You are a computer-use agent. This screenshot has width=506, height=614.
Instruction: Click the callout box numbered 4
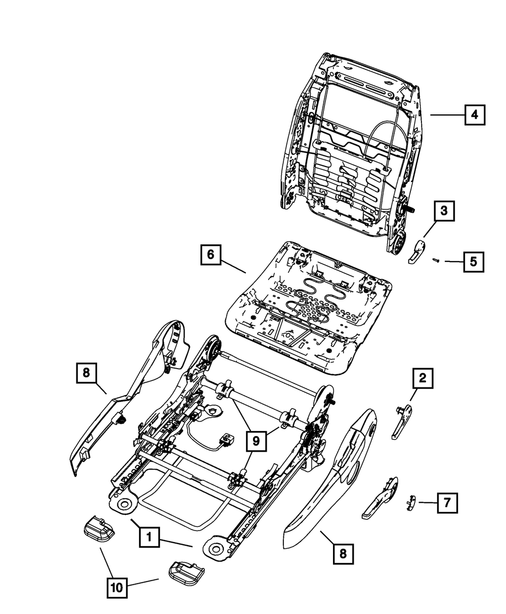[x=474, y=115]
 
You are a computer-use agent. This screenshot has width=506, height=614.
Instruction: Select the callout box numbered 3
[x=443, y=211]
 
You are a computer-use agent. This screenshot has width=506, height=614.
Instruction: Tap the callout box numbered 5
[x=473, y=261]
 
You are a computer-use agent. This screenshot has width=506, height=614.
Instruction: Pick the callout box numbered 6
[x=210, y=254]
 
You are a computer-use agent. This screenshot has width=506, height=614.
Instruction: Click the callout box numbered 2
[x=423, y=377]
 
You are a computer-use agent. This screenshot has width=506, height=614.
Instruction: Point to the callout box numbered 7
[x=446, y=503]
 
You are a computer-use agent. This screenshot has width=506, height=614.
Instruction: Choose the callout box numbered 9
[x=256, y=441]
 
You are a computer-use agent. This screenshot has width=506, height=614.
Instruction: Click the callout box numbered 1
[x=149, y=537]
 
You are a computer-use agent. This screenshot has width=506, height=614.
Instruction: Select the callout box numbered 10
[x=117, y=588]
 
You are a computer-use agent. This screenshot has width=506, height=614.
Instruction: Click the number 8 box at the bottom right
[x=343, y=554]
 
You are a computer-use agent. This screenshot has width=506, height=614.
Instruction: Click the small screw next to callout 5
[x=435, y=260]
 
